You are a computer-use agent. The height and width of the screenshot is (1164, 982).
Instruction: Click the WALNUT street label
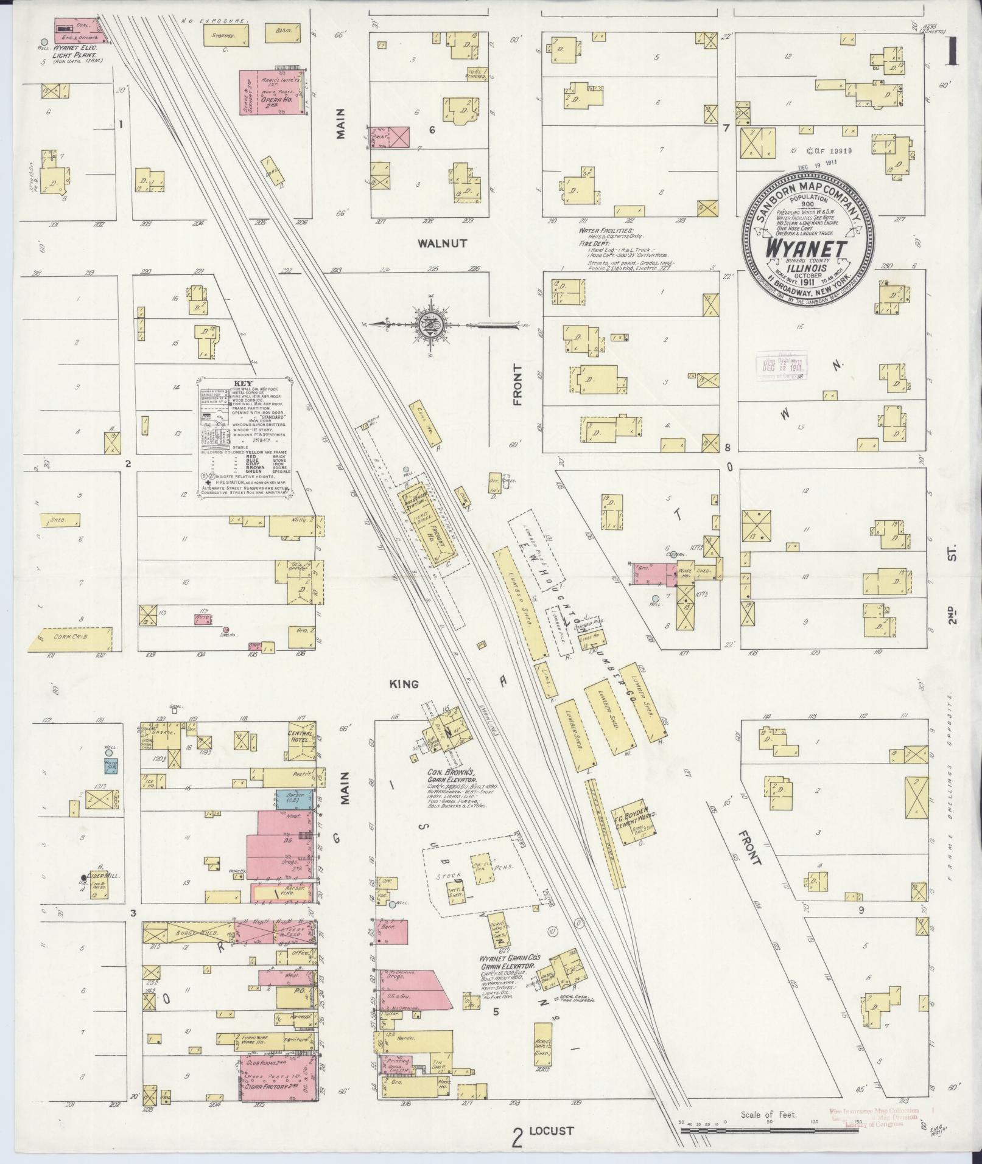tap(442, 243)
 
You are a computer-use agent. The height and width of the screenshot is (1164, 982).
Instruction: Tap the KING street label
tap(405, 684)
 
